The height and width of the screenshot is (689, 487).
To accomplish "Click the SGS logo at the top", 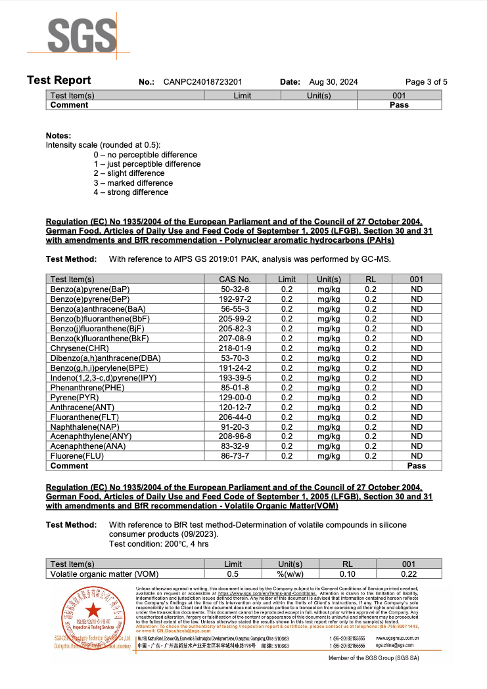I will click(x=78, y=33).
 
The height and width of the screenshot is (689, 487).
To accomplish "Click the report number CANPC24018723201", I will click(x=203, y=82).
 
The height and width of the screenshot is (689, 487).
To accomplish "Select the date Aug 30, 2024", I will click(x=333, y=82).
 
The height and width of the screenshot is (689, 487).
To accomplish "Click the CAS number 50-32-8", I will click(x=234, y=289).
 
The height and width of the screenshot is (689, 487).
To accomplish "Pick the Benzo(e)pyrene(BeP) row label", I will click(x=93, y=299).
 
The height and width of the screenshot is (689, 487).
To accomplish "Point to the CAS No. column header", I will click(x=234, y=280).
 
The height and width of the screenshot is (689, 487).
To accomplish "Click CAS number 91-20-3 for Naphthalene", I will click(x=234, y=427).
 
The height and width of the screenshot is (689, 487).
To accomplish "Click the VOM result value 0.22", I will click(x=409, y=574).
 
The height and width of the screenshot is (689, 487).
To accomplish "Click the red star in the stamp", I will click(x=91, y=620).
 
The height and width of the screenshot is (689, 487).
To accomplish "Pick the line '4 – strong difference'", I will click(x=131, y=192).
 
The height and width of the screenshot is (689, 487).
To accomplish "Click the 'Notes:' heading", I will click(x=58, y=135).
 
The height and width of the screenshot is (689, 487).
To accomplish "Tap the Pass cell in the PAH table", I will click(x=416, y=466).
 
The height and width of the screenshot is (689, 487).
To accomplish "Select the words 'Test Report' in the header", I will click(x=59, y=81).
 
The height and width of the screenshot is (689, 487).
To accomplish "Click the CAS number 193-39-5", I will click(x=234, y=378).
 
